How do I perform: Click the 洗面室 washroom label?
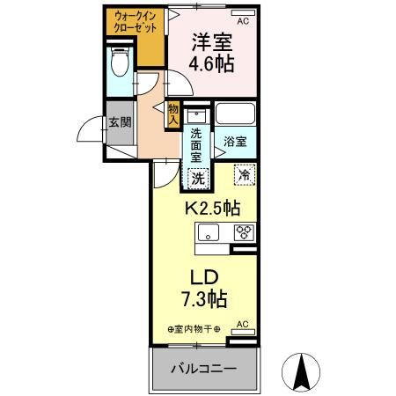[x=196, y=143]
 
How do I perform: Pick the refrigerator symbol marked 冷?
[x=244, y=175]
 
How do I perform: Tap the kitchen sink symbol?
[x=209, y=233]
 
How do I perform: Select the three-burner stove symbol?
[x=243, y=233]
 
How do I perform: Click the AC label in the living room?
[x=243, y=325]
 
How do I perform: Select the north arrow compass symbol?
[x=299, y=369]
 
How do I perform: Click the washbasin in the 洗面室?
[x=196, y=116]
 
